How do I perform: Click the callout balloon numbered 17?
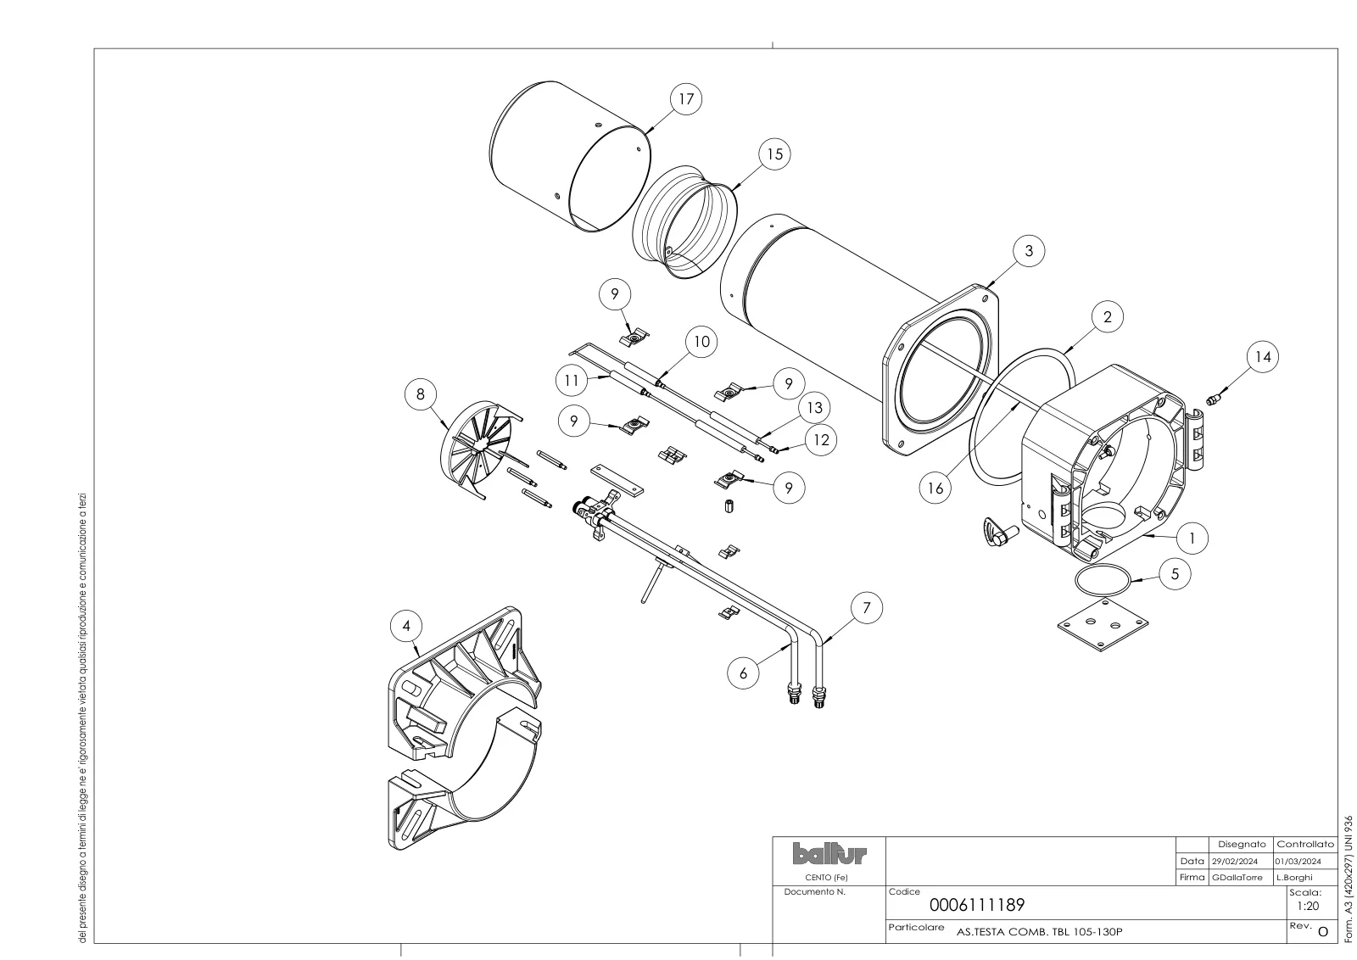tap(686, 98)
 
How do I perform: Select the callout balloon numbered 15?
tap(775, 153)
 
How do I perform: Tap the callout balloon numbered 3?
tap(1029, 250)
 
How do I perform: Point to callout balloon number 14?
tap(1263, 357)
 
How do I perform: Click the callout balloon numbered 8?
tap(421, 394)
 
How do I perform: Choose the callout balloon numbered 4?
tap(406, 626)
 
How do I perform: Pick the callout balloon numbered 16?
tap(935, 488)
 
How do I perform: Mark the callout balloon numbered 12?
tap(821, 440)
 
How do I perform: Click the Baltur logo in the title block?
tap(829, 854)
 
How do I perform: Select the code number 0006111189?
tap(976, 905)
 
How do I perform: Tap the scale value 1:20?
tap(1308, 906)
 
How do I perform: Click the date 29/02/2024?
tap(1235, 862)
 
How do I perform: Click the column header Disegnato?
tap(1242, 845)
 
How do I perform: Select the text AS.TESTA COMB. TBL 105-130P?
tap(1039, 931)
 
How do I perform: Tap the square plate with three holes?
tap(1103, 624)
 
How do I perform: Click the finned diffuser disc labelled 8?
tap(478, 449)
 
